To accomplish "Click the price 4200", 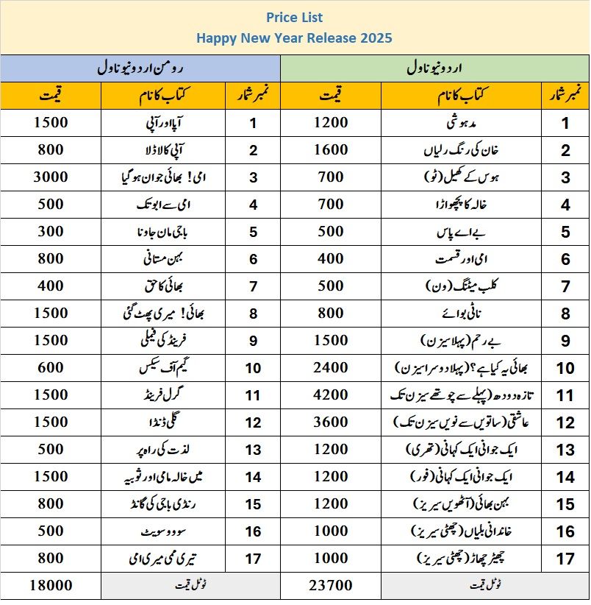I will point(331,395).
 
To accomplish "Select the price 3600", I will point(331,422).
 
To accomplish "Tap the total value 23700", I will point(331,586).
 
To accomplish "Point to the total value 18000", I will point(50,586).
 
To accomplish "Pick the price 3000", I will point(50,177).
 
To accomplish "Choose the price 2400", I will point(331,367).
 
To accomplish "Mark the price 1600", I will point(331,149).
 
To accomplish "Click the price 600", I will point(50,367).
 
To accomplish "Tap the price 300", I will point(50,231).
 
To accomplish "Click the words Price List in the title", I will point(295,17).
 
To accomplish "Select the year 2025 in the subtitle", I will point(376,38).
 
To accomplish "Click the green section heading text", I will point(435,68).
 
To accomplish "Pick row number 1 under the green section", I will point(565,123).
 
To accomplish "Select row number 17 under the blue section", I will point(253,559).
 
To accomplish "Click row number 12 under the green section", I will point(565,422).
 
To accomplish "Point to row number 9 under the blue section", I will point(253,341).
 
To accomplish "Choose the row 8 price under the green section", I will point(331,313).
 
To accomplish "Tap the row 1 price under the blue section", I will point(50,122).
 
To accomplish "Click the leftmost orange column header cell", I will point(50,95).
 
